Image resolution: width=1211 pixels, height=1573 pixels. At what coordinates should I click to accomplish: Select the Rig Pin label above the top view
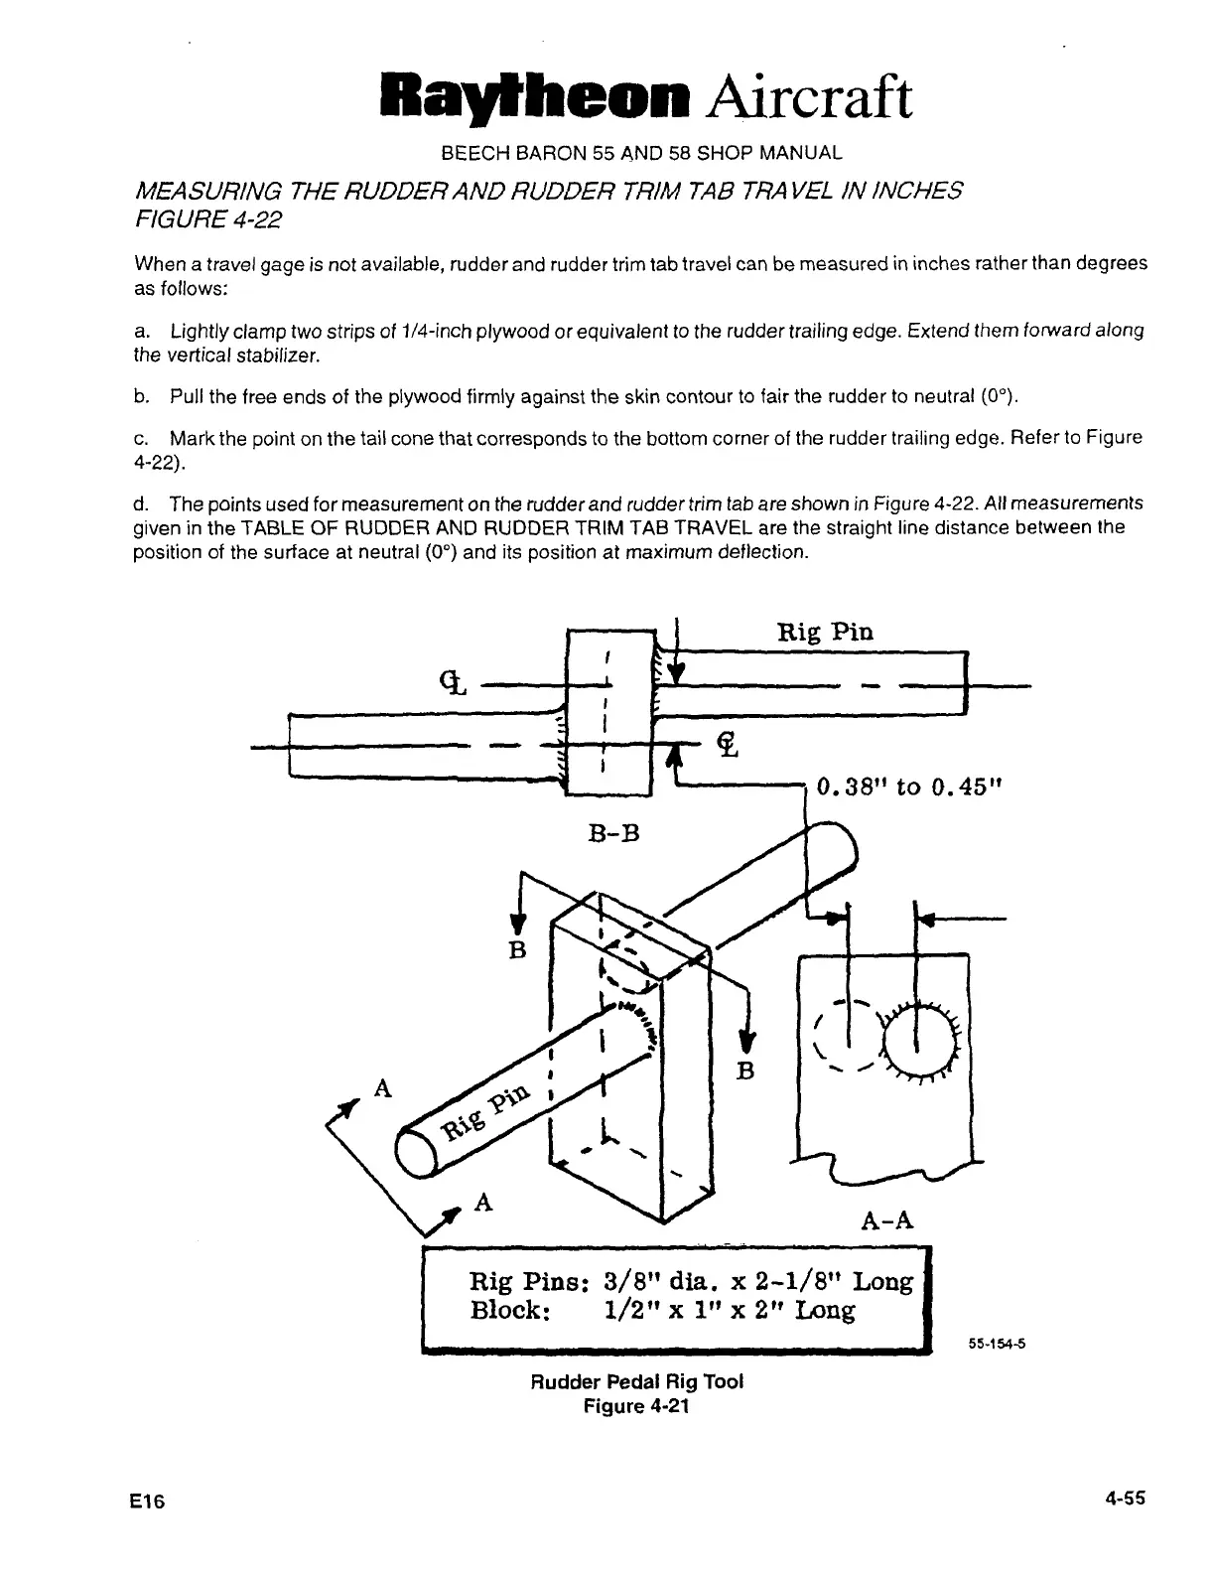click(x=825, y=632)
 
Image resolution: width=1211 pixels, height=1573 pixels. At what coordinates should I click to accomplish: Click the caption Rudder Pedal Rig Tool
click(x=636, y=1381)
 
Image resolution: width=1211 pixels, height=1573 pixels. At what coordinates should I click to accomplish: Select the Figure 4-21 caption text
click(x=636, y=1406)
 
